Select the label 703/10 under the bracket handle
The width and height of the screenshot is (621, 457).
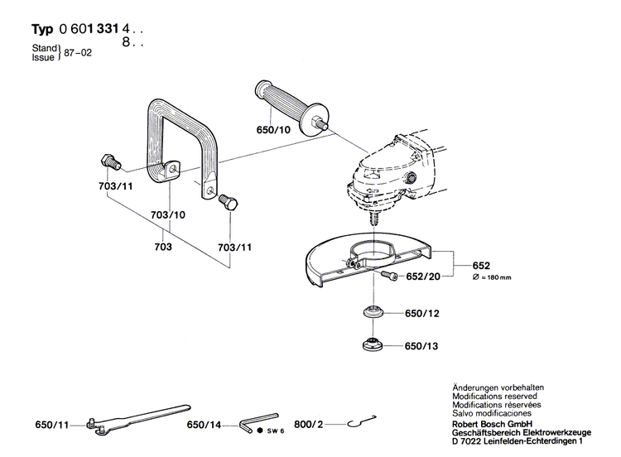[x=169, y=215]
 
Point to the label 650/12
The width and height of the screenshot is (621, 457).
[x=422, y=315]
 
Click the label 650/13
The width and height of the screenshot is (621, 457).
[x=422, y=347]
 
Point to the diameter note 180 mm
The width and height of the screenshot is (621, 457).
[x=491, y=277]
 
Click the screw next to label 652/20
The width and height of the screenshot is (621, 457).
[x=389, y=274]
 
